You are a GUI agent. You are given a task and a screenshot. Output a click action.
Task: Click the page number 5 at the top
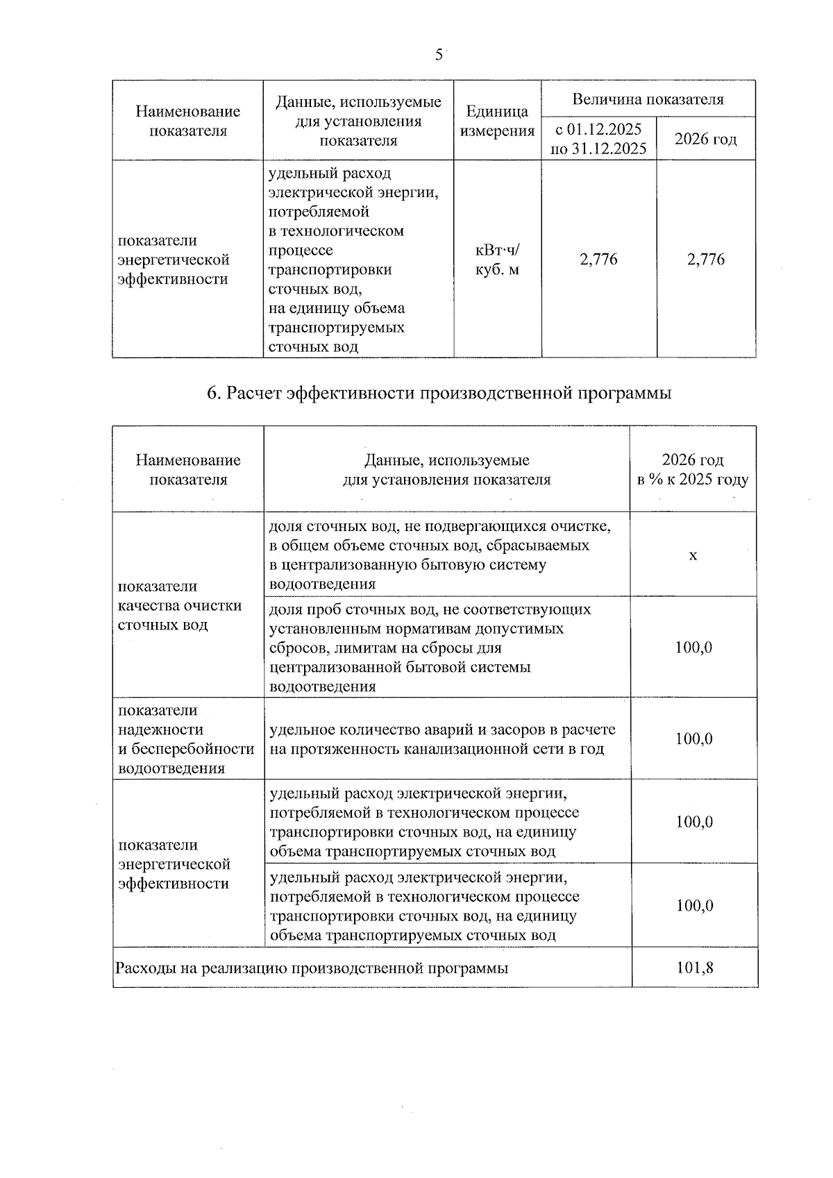[x=439, y=55]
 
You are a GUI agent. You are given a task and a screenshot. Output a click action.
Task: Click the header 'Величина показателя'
[x=648, y=99]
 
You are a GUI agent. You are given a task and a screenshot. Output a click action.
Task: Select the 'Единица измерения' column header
[x=497, y=121]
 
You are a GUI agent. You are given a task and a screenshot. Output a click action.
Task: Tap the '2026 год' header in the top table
[x=705, y=139]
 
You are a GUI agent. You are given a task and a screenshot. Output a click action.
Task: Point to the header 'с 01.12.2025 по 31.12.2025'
[x=598, y=139]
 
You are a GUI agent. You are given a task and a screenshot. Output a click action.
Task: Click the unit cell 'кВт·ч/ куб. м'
[x=497, y=260]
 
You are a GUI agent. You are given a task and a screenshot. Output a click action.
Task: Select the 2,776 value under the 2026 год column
[x=705, y=260]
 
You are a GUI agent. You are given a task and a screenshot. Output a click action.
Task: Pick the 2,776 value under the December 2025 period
[x=598, y=260]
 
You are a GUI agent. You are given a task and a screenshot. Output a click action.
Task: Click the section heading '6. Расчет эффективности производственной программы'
[x=439, y=394]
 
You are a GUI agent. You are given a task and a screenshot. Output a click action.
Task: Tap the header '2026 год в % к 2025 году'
[x=693, y=470]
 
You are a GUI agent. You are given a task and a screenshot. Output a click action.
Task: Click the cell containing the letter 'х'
[x=693, y=555]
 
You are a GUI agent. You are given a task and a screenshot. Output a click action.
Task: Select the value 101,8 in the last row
[x=694, y=967]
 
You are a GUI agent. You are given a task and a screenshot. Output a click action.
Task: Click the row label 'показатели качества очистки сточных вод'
[x=180, y=605]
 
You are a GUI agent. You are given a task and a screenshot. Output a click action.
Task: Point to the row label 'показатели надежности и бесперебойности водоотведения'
[x=186, y=739]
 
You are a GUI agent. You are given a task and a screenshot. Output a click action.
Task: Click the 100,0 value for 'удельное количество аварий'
[x=694, y=739]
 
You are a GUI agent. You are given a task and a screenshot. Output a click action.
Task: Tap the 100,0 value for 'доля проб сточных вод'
[x=694, y=648]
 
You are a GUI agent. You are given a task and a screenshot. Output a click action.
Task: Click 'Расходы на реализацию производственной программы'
[x=312, y=968]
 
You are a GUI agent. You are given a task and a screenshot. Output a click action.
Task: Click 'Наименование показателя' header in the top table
[x=187, y=121]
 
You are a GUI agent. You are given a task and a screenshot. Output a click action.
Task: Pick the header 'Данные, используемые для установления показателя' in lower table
[x=447, y=470]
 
